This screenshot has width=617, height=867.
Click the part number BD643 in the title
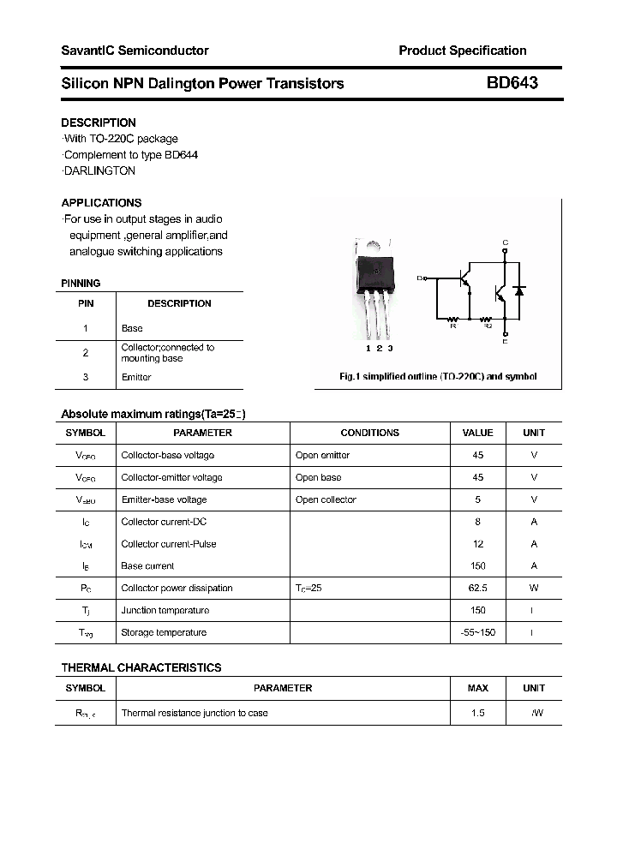pyautogui.click(x=512, y=83)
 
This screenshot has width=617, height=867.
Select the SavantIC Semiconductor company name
pyautogui.click(x=135, y=51)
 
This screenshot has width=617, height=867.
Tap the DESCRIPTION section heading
pyautogui.click(x=99, y=123)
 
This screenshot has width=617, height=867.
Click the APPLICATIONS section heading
pyautogui.click(x=101, y=203)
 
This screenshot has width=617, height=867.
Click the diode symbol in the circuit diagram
pyautogui.click(x=518, y=291)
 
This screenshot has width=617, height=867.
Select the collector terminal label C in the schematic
pyautogui.click(x=505, y=243)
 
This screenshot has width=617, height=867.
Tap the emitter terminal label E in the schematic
pyautogui.click(x=505, y=342)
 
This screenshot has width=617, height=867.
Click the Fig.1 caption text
pyautogui.click(x=438, y=377)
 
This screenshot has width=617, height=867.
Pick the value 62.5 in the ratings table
pyautogui.click(x=477, y=589)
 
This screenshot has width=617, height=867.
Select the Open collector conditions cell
pyautogui.click(x=326, y=499)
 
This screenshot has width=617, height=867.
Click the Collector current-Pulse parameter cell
pyautogui.click(x=169, y=544)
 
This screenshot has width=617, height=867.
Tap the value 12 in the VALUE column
pyautogui.click(x=477, y=544)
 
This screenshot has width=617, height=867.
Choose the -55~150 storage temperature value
pyautogui.click(x=477, y=633)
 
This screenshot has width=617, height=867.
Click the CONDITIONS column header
pyautogui.click(x=369, y=433)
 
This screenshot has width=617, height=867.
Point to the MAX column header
pyautogui.click(x=477, y=688)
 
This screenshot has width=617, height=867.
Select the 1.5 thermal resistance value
pyautogui.click(x=477, y=713)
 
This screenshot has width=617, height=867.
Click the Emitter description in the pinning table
pyautogui.click(x=136, y=377)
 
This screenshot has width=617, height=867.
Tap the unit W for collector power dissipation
pyautogui.click(x=533, y=589)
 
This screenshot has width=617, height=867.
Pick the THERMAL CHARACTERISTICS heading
pyautogui.click(x=141, y=667)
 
